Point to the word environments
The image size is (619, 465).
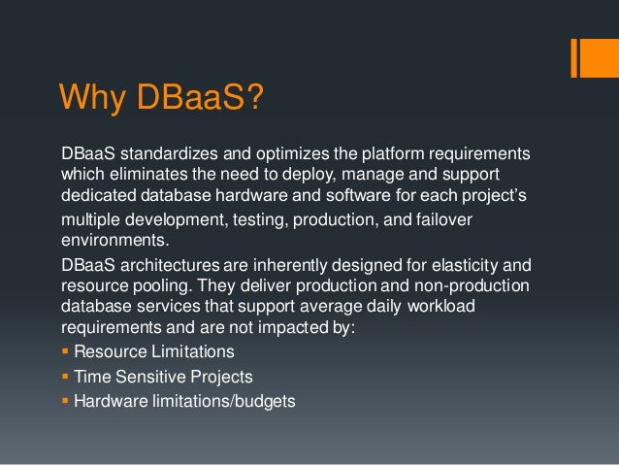pyautogui.click(x=109, y=238)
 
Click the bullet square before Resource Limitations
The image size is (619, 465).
pyautogui.click(x=66, y=351)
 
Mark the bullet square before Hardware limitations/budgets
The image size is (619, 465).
pyautogui.click(x=66, y=399)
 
